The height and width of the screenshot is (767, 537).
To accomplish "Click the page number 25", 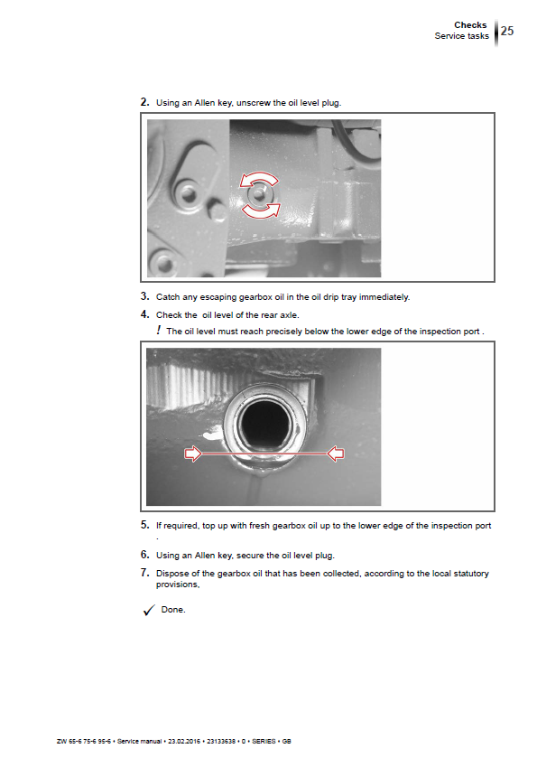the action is coord(506,31).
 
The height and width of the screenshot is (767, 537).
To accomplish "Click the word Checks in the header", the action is coord(470,25).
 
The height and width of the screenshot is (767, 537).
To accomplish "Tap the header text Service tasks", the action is coord(461,36).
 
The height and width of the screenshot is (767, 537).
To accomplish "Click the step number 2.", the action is coord(144,102).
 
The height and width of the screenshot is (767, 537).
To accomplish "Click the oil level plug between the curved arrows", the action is coord(259,194).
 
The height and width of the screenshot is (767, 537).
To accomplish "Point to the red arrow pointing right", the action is coord(193,454).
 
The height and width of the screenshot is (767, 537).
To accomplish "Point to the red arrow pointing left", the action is coord(336,454).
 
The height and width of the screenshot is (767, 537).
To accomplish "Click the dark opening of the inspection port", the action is coord(266,424).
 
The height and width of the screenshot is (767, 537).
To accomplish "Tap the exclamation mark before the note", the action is coord(158,330).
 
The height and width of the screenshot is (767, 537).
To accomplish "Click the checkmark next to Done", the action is coord(149,610).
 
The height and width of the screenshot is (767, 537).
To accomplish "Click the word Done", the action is coord(173,610).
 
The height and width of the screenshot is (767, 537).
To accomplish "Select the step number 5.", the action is coord(144,525).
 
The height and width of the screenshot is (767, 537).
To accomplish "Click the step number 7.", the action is coord(144,573).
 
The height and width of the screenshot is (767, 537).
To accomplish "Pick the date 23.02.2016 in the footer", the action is coord(184,741).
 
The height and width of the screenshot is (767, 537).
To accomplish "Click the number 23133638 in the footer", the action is coord(221,741).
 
